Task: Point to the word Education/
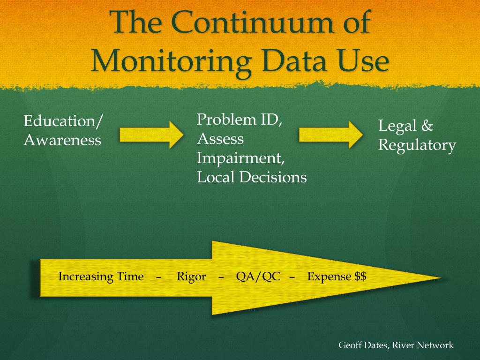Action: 63,121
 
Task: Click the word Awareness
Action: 62,140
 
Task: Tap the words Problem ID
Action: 240,120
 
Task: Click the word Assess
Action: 220,139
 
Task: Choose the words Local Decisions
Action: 252,177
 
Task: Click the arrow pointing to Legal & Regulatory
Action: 331,135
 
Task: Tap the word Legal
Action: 397,126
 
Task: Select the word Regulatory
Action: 417,145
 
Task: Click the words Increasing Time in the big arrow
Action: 101,277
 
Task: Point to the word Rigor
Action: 191,277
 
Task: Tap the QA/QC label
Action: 258,277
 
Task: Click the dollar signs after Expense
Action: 360,277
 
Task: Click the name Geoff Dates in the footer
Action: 358,345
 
